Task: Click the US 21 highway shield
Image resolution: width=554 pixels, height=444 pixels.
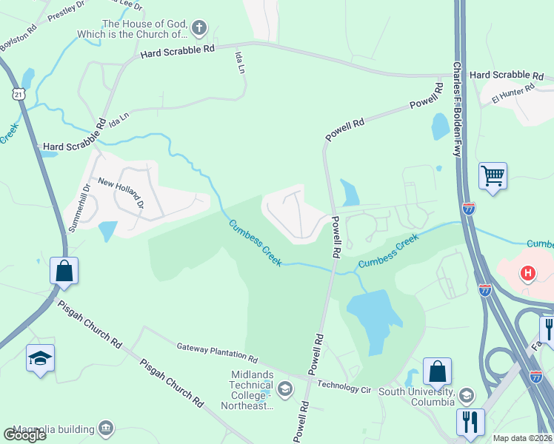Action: [19, 93]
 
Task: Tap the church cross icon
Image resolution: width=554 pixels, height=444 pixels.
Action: [198, 29]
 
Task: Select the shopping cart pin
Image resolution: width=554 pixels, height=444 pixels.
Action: [493, 177]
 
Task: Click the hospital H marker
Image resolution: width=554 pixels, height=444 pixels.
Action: [527, 274]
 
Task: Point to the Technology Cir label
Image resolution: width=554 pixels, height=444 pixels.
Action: [344, 386]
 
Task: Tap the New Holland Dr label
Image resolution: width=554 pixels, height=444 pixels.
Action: [120, 193]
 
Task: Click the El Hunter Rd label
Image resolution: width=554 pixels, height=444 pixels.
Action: [512, 93]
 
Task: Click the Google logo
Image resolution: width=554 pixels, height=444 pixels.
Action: [24, 434]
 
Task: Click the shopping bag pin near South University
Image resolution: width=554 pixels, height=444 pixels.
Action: [438, 371]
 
